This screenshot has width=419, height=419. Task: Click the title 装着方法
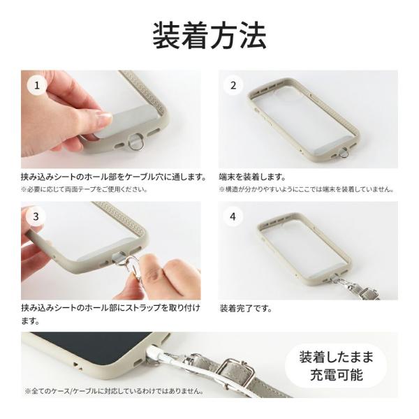tap(209, 36)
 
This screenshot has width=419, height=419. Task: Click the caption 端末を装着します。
tap(252, 177)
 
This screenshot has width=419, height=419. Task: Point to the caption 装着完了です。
tap(246, 307)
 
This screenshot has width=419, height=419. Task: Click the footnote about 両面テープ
tap(84, 189)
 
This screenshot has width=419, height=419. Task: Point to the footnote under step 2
tap(306, 189)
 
